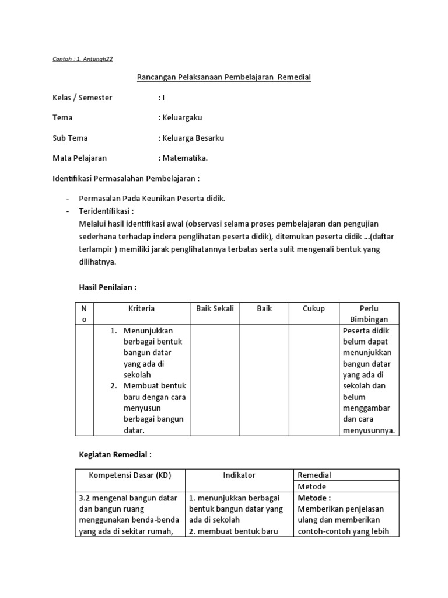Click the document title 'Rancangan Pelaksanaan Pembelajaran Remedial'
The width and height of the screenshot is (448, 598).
click(x=223, y=77)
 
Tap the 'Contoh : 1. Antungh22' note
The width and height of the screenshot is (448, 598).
click(x=87, y=59)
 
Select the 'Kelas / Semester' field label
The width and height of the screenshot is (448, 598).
click(x=82, y=98)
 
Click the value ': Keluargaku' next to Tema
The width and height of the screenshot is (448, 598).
click(x=180, y=117)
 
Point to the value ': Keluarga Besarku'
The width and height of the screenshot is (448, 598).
click(x=191, y=138)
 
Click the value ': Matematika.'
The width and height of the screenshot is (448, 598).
click(x=183, y=158)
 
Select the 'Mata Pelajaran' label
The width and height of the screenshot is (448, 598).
click(x=80, y=158)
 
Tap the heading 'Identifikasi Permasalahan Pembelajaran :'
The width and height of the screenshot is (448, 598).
click(x=127, y=178)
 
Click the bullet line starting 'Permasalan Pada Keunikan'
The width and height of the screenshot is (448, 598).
click(x=152, y=199)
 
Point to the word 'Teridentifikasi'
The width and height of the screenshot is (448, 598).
click(x=105, y=210)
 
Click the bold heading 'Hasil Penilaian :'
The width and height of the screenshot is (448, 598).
click(x=108, y=287)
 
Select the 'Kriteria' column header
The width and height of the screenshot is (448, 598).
click(x=141, y=308)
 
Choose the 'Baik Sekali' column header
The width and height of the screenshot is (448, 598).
click(x=215, y=308)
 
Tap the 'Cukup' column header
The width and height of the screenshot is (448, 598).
click(x=314, y=308)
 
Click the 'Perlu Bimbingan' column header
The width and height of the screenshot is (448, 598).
click(x=369, y=314)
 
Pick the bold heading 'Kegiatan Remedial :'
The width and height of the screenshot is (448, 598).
click(x=115, y=454)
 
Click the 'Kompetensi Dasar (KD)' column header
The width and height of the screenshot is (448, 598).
click(x=129, y=475)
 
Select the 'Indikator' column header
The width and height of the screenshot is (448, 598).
click(x=239, y=475)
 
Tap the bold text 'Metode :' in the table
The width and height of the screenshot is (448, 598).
click(x=314, y=498)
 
